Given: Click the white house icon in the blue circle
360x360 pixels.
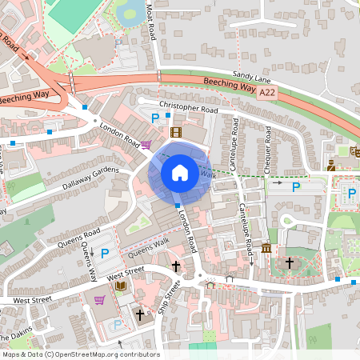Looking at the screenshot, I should click(180, 172).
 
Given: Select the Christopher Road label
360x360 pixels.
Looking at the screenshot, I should click(188, 108).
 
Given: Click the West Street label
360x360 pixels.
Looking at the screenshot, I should click(29, 298).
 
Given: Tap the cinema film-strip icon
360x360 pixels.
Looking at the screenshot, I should click(175, 132).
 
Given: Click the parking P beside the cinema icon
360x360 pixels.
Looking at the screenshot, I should click(156, 118).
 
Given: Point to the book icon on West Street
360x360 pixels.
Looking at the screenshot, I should click(120, 286).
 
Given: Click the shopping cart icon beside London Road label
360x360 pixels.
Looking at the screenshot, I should click(146, 145).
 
